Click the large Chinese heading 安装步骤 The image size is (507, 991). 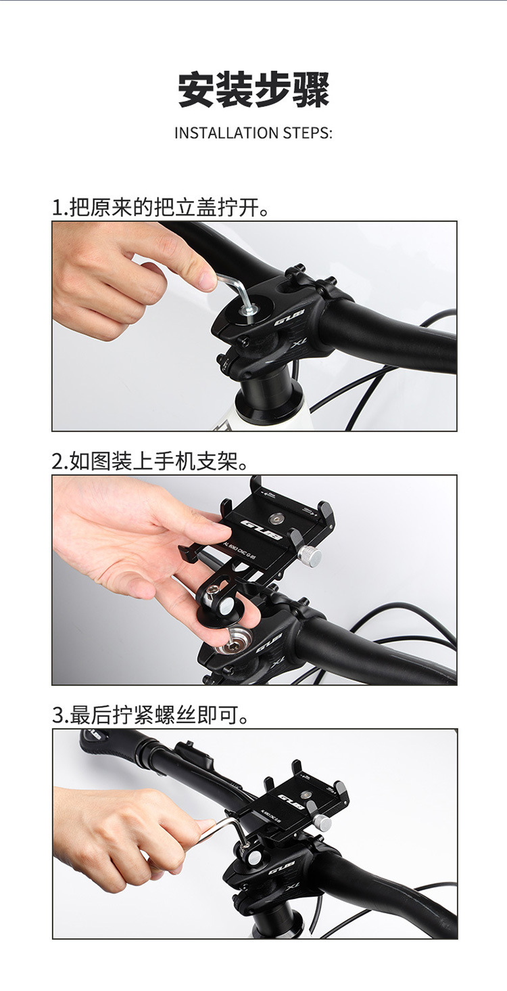tap(254, 91)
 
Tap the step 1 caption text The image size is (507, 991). tap(162, 207)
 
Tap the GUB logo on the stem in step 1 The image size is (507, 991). tap(289, 317)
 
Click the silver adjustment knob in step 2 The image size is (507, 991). tap(310, 556)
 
